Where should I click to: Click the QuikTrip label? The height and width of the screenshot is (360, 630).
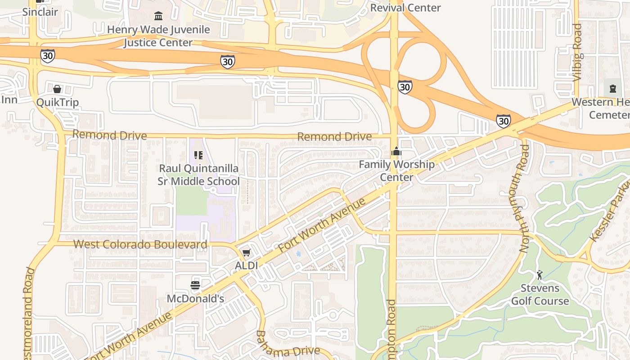pyautogui.click(x=57, y=102)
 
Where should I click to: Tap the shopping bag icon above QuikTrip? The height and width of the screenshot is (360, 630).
pyautogui.click(x=57, y=89)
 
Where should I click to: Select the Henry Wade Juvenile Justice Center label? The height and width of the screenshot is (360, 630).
pyautogui.click(x=158, y=36)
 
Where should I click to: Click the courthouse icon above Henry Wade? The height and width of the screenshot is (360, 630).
pyautogui.click(x=158, y=16)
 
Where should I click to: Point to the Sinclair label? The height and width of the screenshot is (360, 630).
pyautogui.click(x=40, y=12)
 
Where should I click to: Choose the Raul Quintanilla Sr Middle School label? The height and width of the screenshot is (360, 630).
pyautogui.click(x=198, y=175)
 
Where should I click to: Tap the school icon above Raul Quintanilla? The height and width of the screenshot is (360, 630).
pyautogui.click(x=198, y=155)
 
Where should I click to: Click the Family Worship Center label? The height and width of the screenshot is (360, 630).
pyautogui.click(x=396, y=171)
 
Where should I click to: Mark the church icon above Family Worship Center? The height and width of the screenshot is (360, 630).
pyautogui.click(x=396, y=152)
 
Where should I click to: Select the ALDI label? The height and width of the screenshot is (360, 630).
pyautogui.click(x=247, y=265)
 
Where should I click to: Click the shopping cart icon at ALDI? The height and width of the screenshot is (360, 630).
pyautogui.click(x=246, y=253)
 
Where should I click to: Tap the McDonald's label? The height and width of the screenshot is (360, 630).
pyautogui.click(x=195, y=298)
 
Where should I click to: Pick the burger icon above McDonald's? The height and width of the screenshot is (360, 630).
pyautogui.click(x=195, y=285)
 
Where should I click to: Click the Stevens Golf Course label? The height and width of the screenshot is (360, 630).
pyautogui.click(x=540, y=294)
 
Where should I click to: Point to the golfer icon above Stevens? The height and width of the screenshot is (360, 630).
pyautogui.click(x=540, y=274)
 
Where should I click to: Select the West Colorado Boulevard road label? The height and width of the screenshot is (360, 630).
pyautogui.click(x=140, y=244)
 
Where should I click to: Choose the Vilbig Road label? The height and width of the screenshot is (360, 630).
pyautogui.click(x=578, y=53)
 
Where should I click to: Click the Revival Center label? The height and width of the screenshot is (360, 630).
pyautogui.click(x=405, y=8)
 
